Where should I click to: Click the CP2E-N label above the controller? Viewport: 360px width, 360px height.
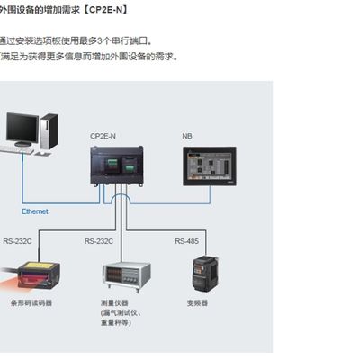pyautogui.click(x=103, y=136)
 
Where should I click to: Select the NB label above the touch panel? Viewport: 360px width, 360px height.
pyautogui.click(x=187, y=136)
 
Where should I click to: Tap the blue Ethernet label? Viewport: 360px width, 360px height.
pyautogui.click(x=35, y=211)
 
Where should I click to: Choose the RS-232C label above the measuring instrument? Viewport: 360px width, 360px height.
pyautogui.click(x=99, y=241)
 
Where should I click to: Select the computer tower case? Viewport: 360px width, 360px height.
pyautogui.click(x=49, y=131)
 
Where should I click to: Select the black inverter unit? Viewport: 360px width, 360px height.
pyautogui.click(x=205, y=274)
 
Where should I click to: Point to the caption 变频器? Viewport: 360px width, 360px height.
pyautogui.click(x=198, y=303)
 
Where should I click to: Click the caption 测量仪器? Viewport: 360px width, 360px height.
pyautogui.click(x=115, y=303)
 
